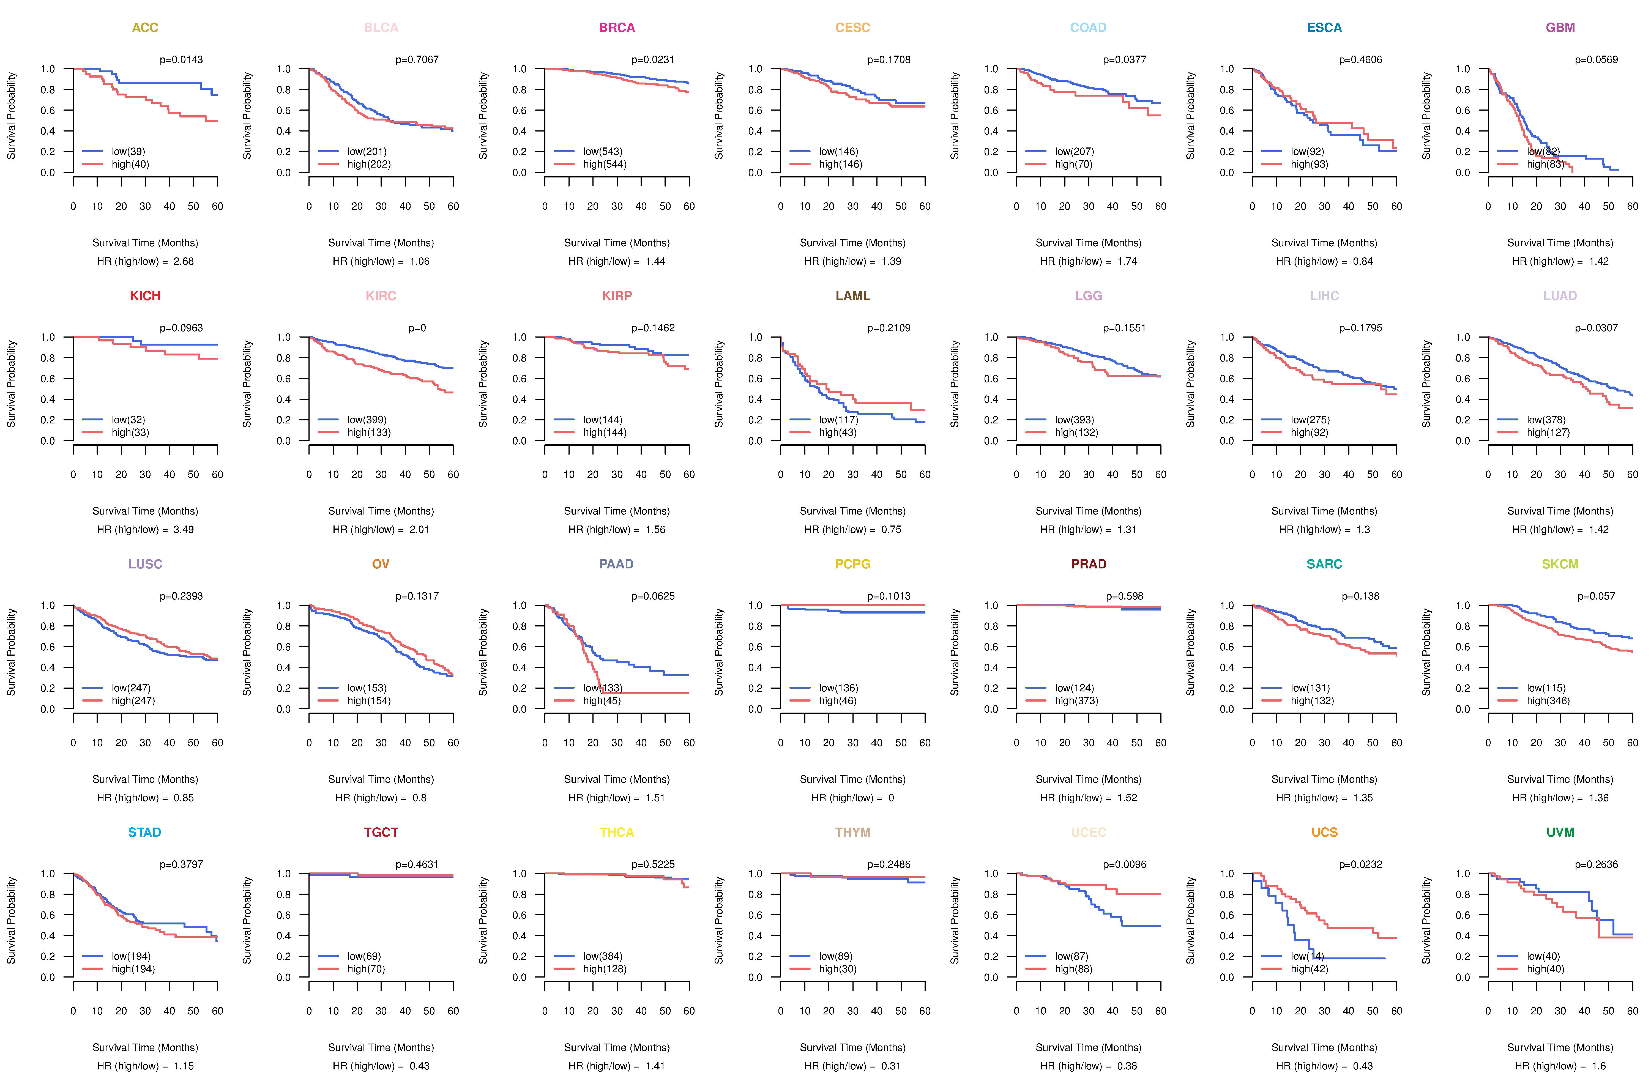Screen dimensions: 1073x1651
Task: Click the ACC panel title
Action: (145, 28)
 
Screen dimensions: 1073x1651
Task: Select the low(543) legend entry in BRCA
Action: (602, 151)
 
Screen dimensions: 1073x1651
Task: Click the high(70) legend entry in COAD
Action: (1073, 164)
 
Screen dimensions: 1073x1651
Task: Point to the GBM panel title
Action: (1560, 28)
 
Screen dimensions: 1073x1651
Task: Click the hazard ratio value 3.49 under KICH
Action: (184, 529)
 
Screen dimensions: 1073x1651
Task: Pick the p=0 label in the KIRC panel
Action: (417, 328)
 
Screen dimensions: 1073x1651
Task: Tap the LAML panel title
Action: (852, 296)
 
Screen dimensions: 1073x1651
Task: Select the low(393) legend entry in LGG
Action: (1074, 420)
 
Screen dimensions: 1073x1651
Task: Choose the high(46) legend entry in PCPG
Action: (837, 700)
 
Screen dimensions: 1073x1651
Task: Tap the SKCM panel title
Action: (1560, 564)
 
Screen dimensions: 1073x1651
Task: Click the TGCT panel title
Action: (381, 832)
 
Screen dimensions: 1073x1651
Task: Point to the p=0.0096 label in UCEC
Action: (1125, 864)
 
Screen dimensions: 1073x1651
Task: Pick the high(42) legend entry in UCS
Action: (1309, 969)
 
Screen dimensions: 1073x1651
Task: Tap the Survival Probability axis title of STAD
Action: (11, 920)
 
